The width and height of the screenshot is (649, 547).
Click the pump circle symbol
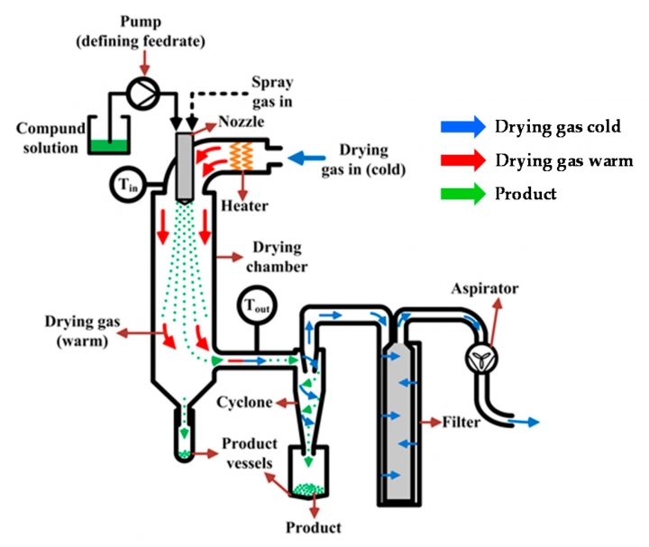(x=142, y=94)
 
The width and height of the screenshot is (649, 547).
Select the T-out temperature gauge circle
(x=257, y=305)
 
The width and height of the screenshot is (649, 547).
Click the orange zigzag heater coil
(x=242, y=156)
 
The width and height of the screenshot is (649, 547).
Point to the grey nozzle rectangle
(x=185, y=168)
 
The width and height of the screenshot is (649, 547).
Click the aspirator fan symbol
(x=481, y=359)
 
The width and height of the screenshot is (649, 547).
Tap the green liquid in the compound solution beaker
(x=109, y=146)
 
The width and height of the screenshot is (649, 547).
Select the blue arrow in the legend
(x=463, y=126)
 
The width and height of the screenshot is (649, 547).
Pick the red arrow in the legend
(x=463, y=160)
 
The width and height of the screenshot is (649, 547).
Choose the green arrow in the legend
(x=463, y=193)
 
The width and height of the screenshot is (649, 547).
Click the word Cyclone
(x=244, y=402)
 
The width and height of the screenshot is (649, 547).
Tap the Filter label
(x=462, y=422)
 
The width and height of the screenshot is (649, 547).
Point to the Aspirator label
(x=485, y=288)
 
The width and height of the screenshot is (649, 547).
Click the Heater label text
(x=244, y=205)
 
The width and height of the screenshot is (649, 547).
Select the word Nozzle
(x=242, y=122)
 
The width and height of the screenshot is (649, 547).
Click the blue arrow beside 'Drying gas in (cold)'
(x=306, y=158)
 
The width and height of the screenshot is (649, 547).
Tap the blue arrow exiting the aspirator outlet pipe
(x=524, y=422)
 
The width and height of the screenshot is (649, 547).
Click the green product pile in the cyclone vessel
(x=308, y=489)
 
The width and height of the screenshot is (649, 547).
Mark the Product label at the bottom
(x=314, y=527)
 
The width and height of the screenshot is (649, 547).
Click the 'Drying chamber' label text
(x=277, y=257)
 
